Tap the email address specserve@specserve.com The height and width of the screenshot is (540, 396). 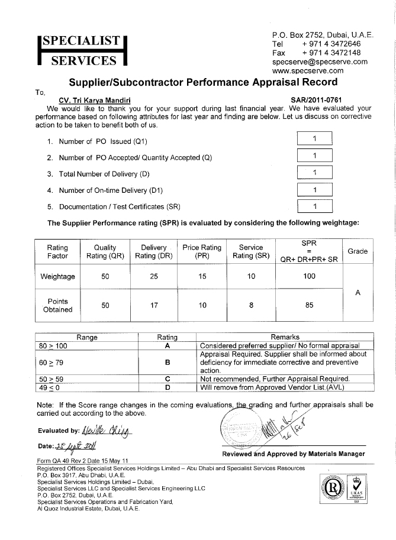click(x=320, y=62)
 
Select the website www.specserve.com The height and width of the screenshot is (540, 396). click(x=308, y=70)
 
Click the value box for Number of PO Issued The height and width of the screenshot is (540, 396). click(x=314, y=138)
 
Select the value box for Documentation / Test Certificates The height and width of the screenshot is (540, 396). click(x=314, y=206)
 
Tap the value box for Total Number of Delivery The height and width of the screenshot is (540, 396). click(x=314, y=173)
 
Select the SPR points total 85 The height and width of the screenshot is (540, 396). click(x=309, y=305)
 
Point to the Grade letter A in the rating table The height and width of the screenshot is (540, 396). click(x=358, y=292)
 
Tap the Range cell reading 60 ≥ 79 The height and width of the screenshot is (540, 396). click(x=86, y=361)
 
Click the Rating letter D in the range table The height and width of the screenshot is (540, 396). click(x=168, y=387)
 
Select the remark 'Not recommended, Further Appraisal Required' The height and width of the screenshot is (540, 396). click(x=275, y=379)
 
